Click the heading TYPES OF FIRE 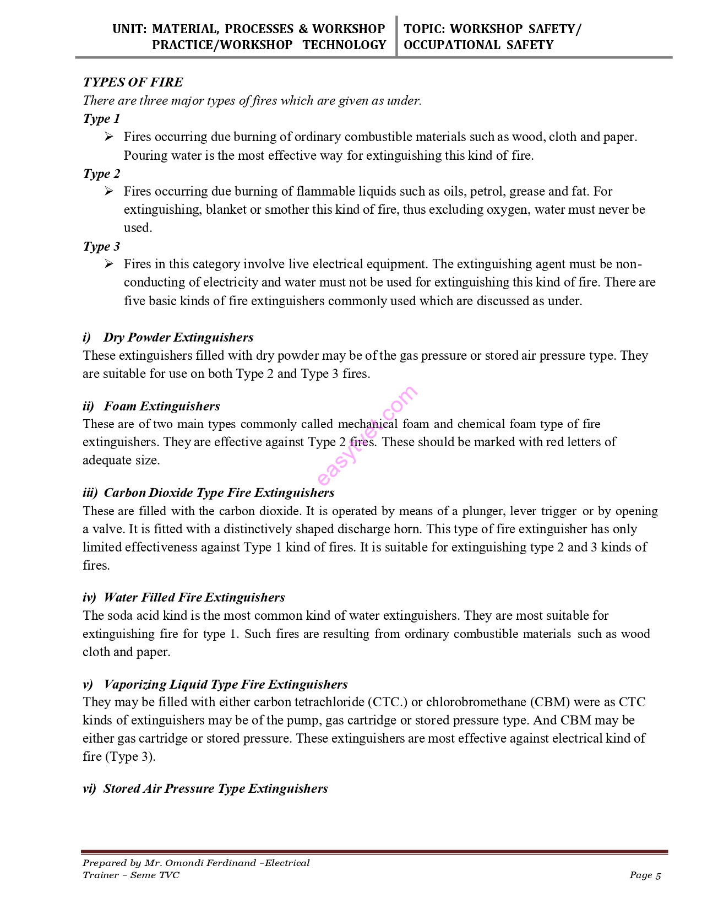pos(133,82)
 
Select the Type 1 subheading pos(101,118)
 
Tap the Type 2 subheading pos(101,174)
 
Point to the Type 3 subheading pos(101,246)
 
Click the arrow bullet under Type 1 pos(109,137)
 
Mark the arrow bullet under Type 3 pos(109,264)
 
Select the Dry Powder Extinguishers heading pos(178,337)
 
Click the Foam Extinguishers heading pos(162,406)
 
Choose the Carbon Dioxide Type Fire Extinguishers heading pos(219,493)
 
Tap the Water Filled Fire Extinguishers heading pos(194,597)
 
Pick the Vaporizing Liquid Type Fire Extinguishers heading pos(226,684)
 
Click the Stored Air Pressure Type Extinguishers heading pos(215,788)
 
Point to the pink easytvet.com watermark pos(367,435)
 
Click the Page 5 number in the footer pos(645,875)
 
